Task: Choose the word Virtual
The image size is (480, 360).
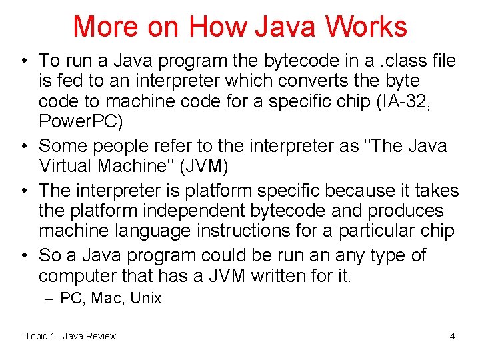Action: click(65, 167)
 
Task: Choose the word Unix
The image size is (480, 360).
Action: click(145, 298)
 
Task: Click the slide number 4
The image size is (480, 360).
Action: click(452, 336)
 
